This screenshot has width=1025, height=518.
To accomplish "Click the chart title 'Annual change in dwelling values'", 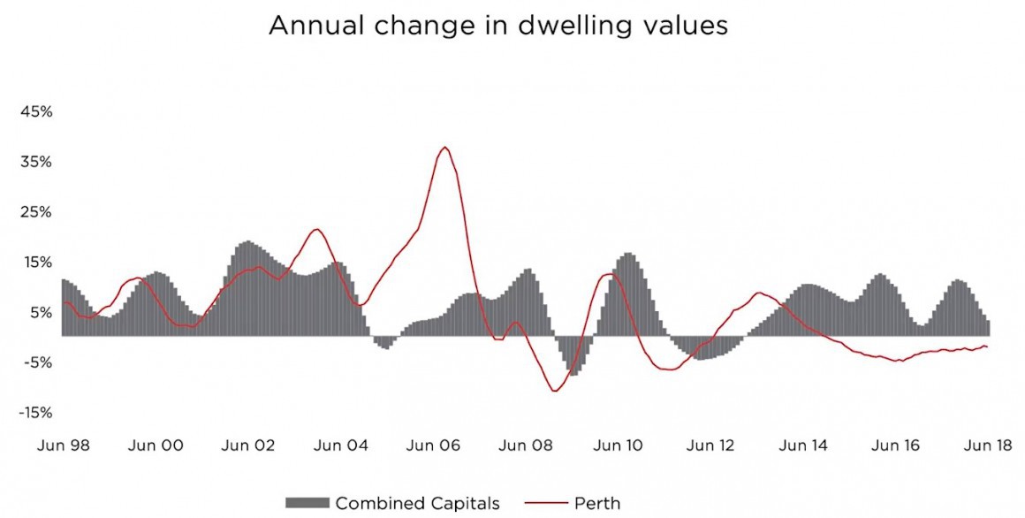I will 497,27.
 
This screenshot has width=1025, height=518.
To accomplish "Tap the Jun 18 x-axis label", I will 989,446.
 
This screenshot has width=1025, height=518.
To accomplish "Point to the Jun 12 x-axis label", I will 711,446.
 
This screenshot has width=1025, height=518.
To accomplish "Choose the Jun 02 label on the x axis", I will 248,446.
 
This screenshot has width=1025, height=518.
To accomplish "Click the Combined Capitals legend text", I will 417,504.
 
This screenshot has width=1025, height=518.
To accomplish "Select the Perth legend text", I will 597,504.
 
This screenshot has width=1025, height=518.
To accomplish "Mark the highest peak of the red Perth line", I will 444,148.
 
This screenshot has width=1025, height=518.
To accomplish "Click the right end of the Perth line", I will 987,347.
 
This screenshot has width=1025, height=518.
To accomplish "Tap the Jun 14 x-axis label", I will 804,446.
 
